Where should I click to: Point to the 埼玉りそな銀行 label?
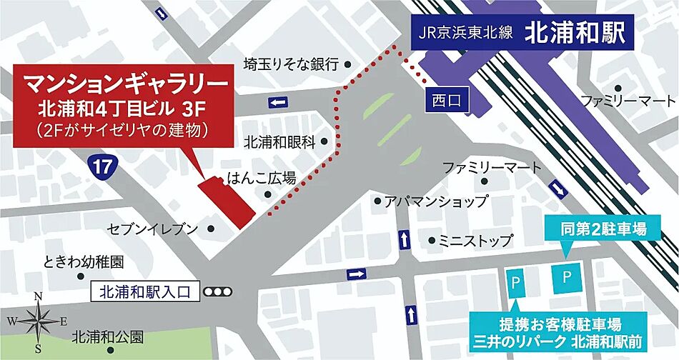click(x=290, y=64)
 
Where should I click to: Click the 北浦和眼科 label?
click(x=279, y=141)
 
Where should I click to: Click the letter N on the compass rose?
click(x=39, y=297)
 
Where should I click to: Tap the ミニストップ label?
click(x=476, y=240)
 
